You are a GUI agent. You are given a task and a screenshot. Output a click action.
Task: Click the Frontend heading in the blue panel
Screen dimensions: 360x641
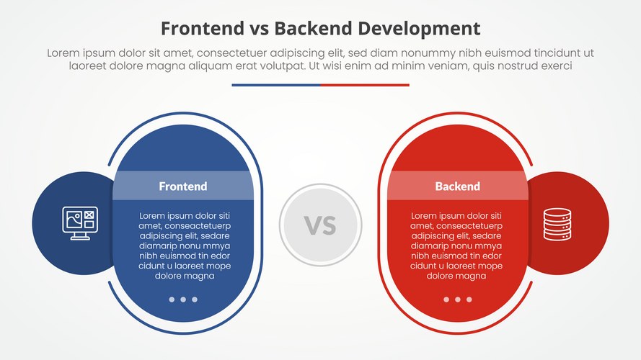tap(182, 186)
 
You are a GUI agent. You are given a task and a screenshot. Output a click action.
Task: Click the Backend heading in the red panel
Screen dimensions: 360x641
tap(457, 186)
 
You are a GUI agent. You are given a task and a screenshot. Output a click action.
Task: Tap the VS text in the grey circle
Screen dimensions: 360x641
tap(320, 225)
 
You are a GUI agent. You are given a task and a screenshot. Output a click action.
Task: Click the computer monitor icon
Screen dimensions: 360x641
tap(80, 223)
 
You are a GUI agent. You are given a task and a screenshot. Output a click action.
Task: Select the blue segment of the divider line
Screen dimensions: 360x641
tap(276, 85)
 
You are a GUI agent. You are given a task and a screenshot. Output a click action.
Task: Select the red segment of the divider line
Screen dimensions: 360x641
tap(365, 85)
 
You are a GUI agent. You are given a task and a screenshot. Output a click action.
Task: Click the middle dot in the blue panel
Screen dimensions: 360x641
tap(183, 300)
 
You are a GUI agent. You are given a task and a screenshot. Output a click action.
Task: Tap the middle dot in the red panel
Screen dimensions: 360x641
tap(457, 300)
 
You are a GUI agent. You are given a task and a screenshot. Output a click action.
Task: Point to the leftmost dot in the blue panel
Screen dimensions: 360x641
tap(172, 300)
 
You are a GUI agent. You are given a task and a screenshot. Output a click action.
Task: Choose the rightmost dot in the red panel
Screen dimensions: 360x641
tap(469, 300)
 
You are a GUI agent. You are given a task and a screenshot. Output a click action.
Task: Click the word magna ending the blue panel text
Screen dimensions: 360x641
tap(199, 276)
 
